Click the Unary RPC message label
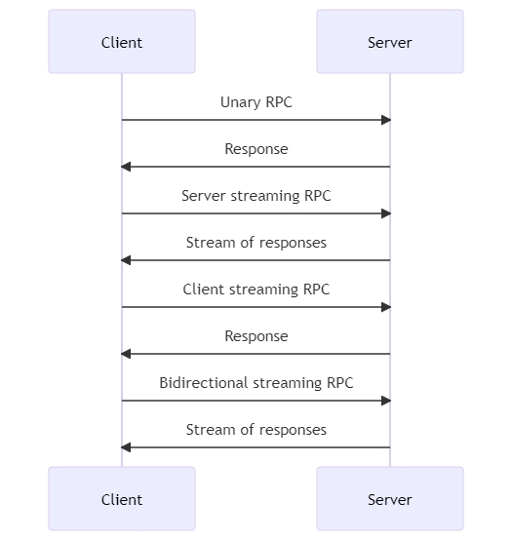point(256,102)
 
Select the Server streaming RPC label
point(256,196)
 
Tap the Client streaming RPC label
point(256,290)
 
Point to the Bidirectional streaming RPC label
point(256,383)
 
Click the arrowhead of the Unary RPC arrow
point(386,120)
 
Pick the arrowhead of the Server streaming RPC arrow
point(386,213)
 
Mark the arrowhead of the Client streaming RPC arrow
point(386,307)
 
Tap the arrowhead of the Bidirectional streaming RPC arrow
point(386,401)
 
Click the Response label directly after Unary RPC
point(256,149)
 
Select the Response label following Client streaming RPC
point(256,336)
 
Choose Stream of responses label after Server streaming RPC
point(256,243)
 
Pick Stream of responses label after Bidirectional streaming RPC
point(256,430)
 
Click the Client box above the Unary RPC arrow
point(122,41)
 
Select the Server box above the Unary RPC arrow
point(390,41)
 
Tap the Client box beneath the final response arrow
point(122,498)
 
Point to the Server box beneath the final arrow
point(390,498)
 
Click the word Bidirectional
point(204,383)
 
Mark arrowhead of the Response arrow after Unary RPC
point(126,167)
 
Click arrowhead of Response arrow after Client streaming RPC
point(126,354)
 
